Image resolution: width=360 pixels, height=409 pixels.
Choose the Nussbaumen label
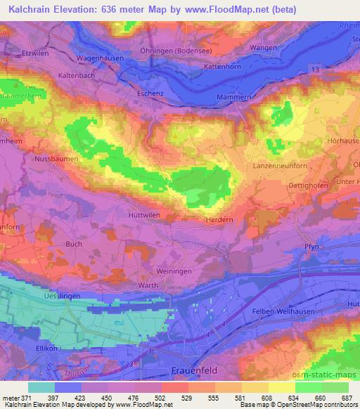coord(56,160)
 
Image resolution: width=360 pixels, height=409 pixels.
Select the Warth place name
coord(147,286)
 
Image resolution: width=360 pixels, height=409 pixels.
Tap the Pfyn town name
coord(311,246)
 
